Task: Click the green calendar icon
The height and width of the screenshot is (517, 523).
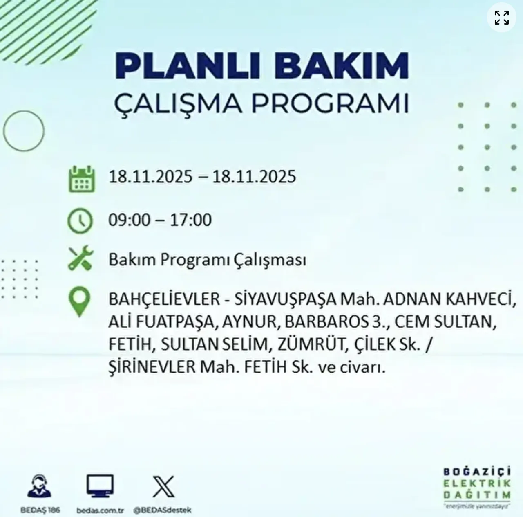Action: coord(82,179)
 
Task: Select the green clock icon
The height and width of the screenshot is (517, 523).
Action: coord(80,221)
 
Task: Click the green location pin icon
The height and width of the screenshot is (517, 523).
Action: coord(79,302)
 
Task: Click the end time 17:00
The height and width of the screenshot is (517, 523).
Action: coord(191,220)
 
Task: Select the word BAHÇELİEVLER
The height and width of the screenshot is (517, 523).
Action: coord(164,299)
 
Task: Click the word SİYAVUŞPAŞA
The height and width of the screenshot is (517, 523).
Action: coord(285,299)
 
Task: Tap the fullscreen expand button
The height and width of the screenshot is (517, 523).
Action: coord(501,18)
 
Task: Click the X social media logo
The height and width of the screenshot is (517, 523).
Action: coord(163,486)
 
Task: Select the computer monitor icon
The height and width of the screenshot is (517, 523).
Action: coord(100,486)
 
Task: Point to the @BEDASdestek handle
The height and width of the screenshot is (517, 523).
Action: coord(162,510)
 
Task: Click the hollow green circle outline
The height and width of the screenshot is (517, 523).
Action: coord(24,131)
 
